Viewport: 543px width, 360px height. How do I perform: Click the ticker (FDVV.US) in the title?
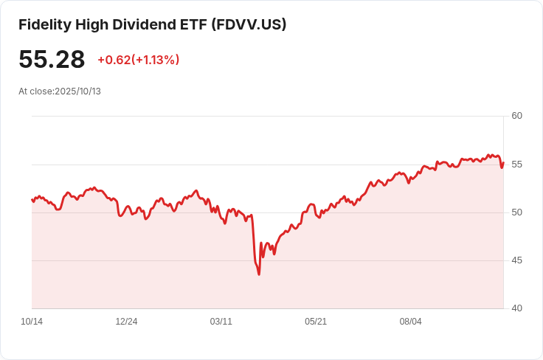(249, 24)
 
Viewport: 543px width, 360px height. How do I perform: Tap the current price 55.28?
(52, 60)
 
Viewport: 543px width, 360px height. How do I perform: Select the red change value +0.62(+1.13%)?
(139, 60)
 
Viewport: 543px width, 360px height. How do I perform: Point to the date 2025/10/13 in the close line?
(77, 91)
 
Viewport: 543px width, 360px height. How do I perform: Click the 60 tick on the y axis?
(516, 116)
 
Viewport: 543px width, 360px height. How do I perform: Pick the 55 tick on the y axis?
(516, 164)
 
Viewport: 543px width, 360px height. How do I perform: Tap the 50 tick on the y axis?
(516, 212)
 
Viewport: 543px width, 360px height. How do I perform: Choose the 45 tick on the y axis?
(516, 260)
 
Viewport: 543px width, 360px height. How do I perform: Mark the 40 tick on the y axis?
(516, 308)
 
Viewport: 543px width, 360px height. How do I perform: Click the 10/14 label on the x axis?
(32, 322)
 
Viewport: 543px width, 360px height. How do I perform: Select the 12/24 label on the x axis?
(126, 322)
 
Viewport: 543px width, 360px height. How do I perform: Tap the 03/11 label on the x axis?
(221, 322)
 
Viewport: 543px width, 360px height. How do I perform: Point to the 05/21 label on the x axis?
(316, 322)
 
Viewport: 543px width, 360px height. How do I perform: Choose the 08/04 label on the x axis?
(410, 322)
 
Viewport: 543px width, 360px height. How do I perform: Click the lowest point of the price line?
(259, 274)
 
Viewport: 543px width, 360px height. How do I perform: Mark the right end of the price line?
(503, 163)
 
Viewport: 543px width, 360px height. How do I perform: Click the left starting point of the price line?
(32, 199)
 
